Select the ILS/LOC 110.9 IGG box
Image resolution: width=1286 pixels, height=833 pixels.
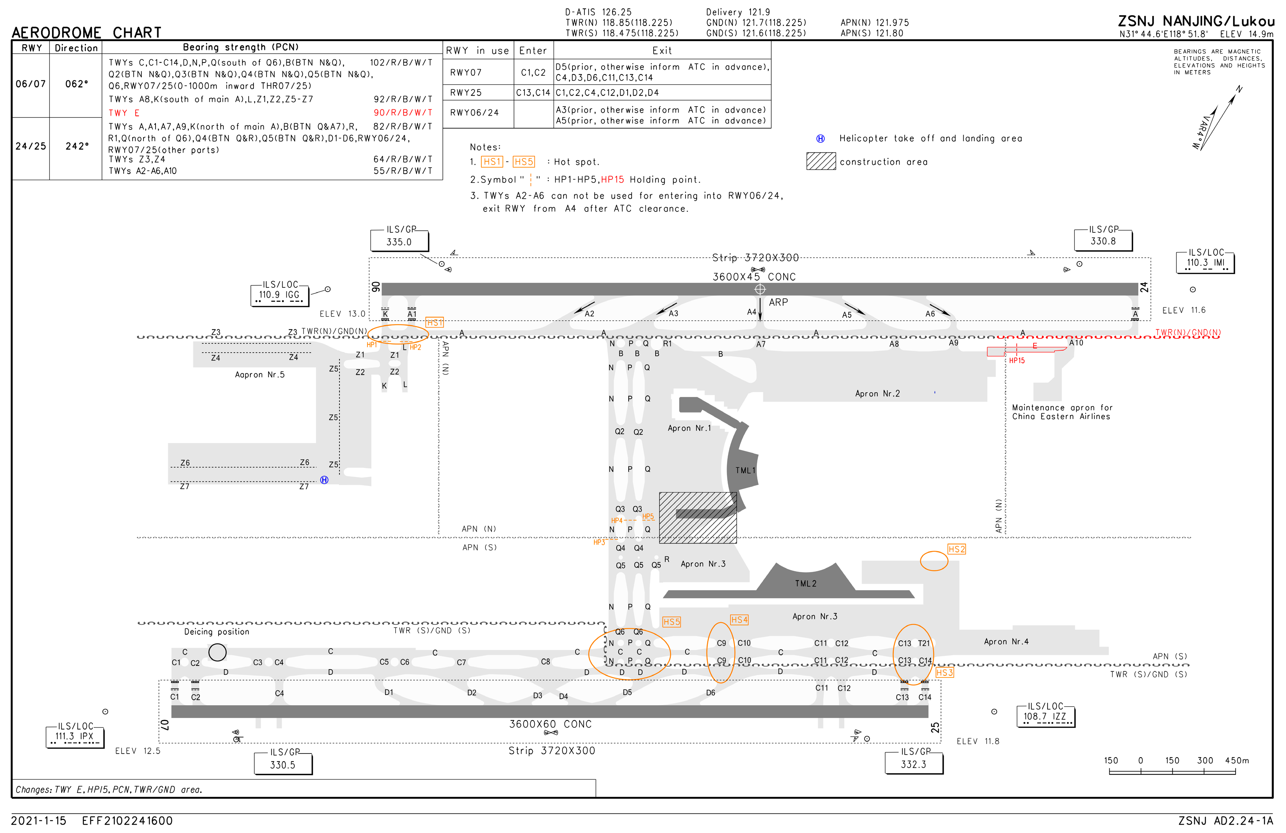[279, 295]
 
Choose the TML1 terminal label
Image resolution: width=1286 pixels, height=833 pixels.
[745, 470]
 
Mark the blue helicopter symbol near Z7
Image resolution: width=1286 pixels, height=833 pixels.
[324, 480]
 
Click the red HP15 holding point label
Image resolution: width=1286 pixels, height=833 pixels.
[1016, 360]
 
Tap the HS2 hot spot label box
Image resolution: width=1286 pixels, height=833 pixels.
[956, 549]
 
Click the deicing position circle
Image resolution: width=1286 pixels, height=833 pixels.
[217, 652]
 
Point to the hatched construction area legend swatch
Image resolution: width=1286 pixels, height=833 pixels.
[821, 161]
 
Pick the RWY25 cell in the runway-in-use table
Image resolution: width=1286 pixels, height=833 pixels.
[466, 93]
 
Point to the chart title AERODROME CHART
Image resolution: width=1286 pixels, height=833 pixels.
[86, 33]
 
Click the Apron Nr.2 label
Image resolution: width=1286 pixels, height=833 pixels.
[877, 393]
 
